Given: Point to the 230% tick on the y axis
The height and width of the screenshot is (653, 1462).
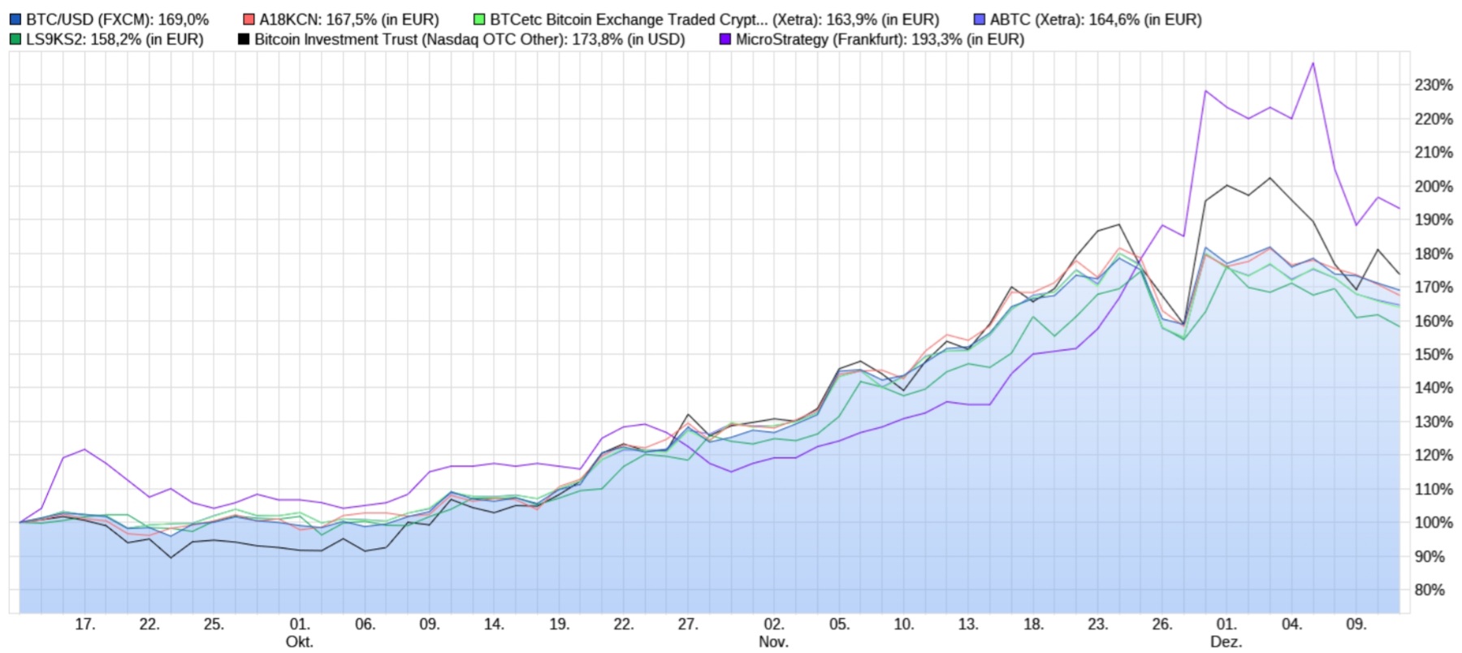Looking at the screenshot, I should pos(1434,85).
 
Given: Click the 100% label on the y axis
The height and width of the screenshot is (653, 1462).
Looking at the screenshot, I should pos(1434,523).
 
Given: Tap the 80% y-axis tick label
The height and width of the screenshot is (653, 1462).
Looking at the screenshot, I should pos(1437,590).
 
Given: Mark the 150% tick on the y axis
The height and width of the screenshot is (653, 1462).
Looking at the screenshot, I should pos(1434,355).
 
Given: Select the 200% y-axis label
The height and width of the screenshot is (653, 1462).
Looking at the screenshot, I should pos(1434,187).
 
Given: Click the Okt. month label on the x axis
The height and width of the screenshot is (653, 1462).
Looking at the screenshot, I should pos(299,642).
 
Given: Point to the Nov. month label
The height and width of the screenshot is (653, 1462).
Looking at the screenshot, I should pos(773,642).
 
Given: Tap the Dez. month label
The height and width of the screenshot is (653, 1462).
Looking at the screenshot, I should pos(1226,642).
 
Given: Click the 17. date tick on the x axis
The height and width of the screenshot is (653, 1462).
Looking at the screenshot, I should pos(84,625).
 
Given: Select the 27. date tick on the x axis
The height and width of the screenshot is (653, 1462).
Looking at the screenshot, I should pos(688,625).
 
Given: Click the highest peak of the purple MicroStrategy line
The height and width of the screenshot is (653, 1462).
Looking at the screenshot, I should pos(1313,63).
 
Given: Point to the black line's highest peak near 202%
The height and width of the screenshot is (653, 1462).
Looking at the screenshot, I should pos(1270,178).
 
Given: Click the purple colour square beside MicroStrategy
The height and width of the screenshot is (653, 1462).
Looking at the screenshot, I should pos(725,39).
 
